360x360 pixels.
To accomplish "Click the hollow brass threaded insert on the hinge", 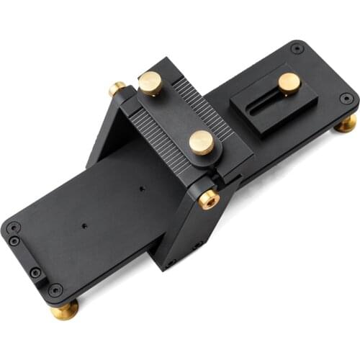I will [x=209, y=198].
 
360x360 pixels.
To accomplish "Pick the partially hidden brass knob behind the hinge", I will [x=117, y=89].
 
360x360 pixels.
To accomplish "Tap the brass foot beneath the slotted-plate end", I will [x=346, y=123].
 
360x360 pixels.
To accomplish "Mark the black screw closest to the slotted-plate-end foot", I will [x=346, y=99].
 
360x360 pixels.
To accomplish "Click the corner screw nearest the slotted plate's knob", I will [x=297, y=49].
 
